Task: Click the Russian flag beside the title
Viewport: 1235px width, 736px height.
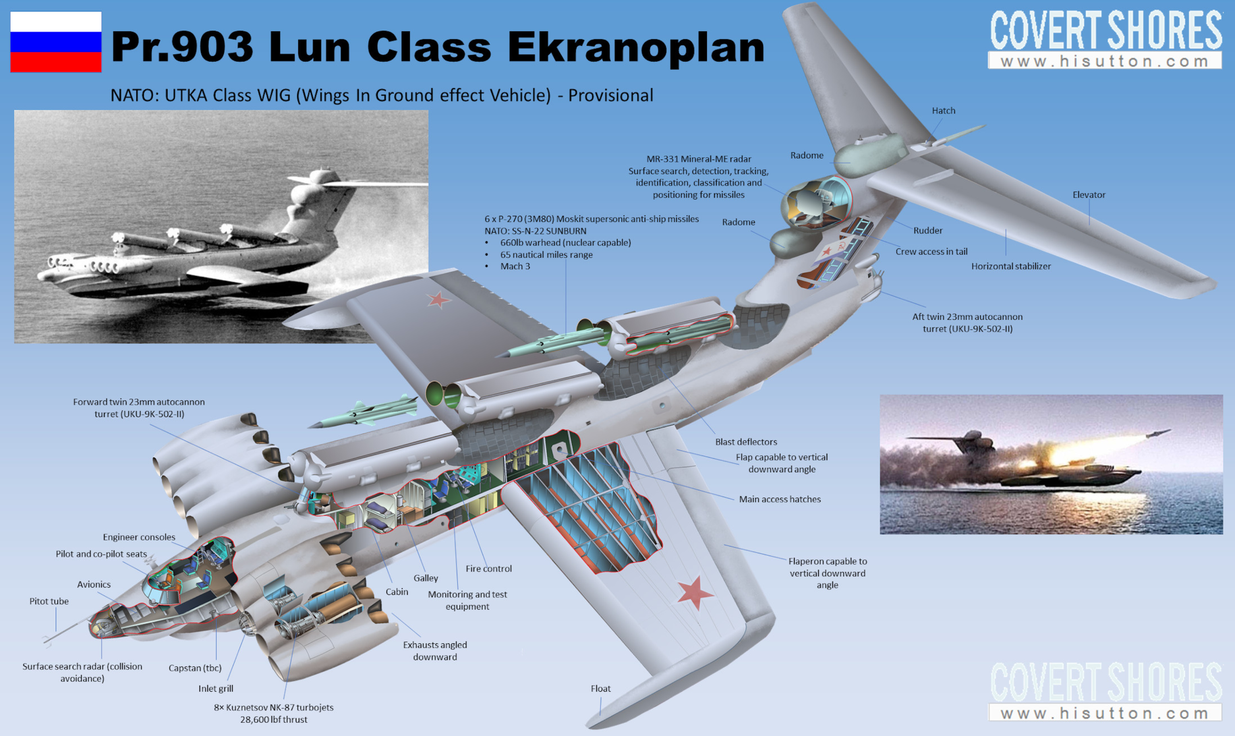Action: pos(55,41)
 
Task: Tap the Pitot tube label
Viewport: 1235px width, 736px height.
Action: pos(48,601)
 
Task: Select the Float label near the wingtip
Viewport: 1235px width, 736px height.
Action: pos(600,689)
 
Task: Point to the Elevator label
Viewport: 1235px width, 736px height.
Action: pos(1089,195)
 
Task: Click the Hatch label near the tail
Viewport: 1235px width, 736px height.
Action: pos(943,111)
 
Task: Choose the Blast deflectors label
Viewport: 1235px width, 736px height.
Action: pos(745,442)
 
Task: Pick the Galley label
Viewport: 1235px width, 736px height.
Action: pos(425,578)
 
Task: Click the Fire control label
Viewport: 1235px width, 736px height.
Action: pos(488,569)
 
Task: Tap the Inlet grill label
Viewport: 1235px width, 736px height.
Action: pos(215,689)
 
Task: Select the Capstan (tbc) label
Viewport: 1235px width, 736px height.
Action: pos(195,668)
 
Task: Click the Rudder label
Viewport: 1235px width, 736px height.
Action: pos(928,231)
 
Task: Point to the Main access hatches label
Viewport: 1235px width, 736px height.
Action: pos(779,499)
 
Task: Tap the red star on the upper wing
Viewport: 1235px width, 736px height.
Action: pos(438,299)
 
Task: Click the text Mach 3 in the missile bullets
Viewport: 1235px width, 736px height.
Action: pos(515,266)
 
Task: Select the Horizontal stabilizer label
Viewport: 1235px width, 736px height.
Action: pos(1010,266)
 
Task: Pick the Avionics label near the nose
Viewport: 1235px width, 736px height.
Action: pos(94,584)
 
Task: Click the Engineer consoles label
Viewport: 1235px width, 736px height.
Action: pos(139,537)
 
